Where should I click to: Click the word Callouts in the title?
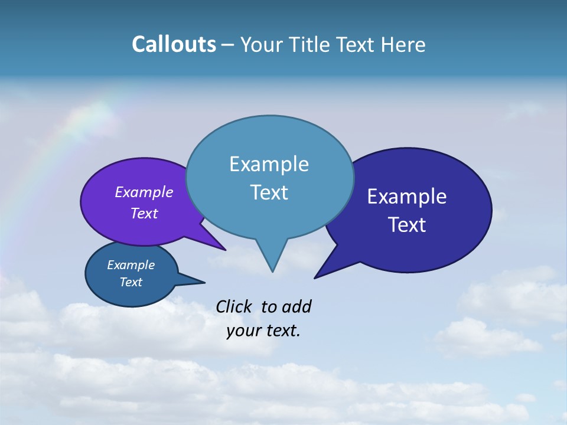click(x=174, y=44)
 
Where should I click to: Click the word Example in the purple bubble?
click(x=144, y=192)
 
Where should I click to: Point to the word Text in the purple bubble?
click(x=144, y=213)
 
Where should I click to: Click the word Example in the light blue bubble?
click(x=269, y=164)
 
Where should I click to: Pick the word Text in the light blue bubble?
click(x=269, y=192)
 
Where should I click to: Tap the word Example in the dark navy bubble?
click(x=407, y=197)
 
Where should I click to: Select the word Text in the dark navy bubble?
click(x=407, y=225)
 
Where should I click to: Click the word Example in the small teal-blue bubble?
click(x=131, y=265)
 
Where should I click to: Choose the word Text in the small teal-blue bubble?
click(x=131, y=282)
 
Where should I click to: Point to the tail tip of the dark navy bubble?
click(x=315, y=277)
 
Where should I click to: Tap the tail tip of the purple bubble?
click(x=224, y=250)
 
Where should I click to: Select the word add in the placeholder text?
click(x=296, y=307)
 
